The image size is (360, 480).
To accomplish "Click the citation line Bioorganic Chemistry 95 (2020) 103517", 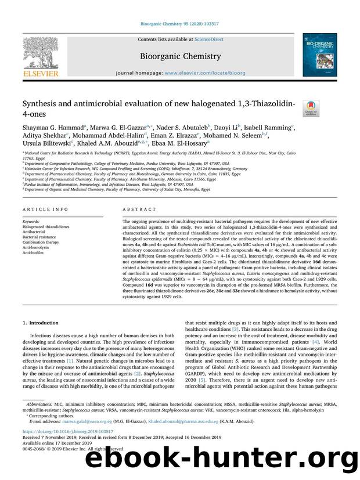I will (179, 24).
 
